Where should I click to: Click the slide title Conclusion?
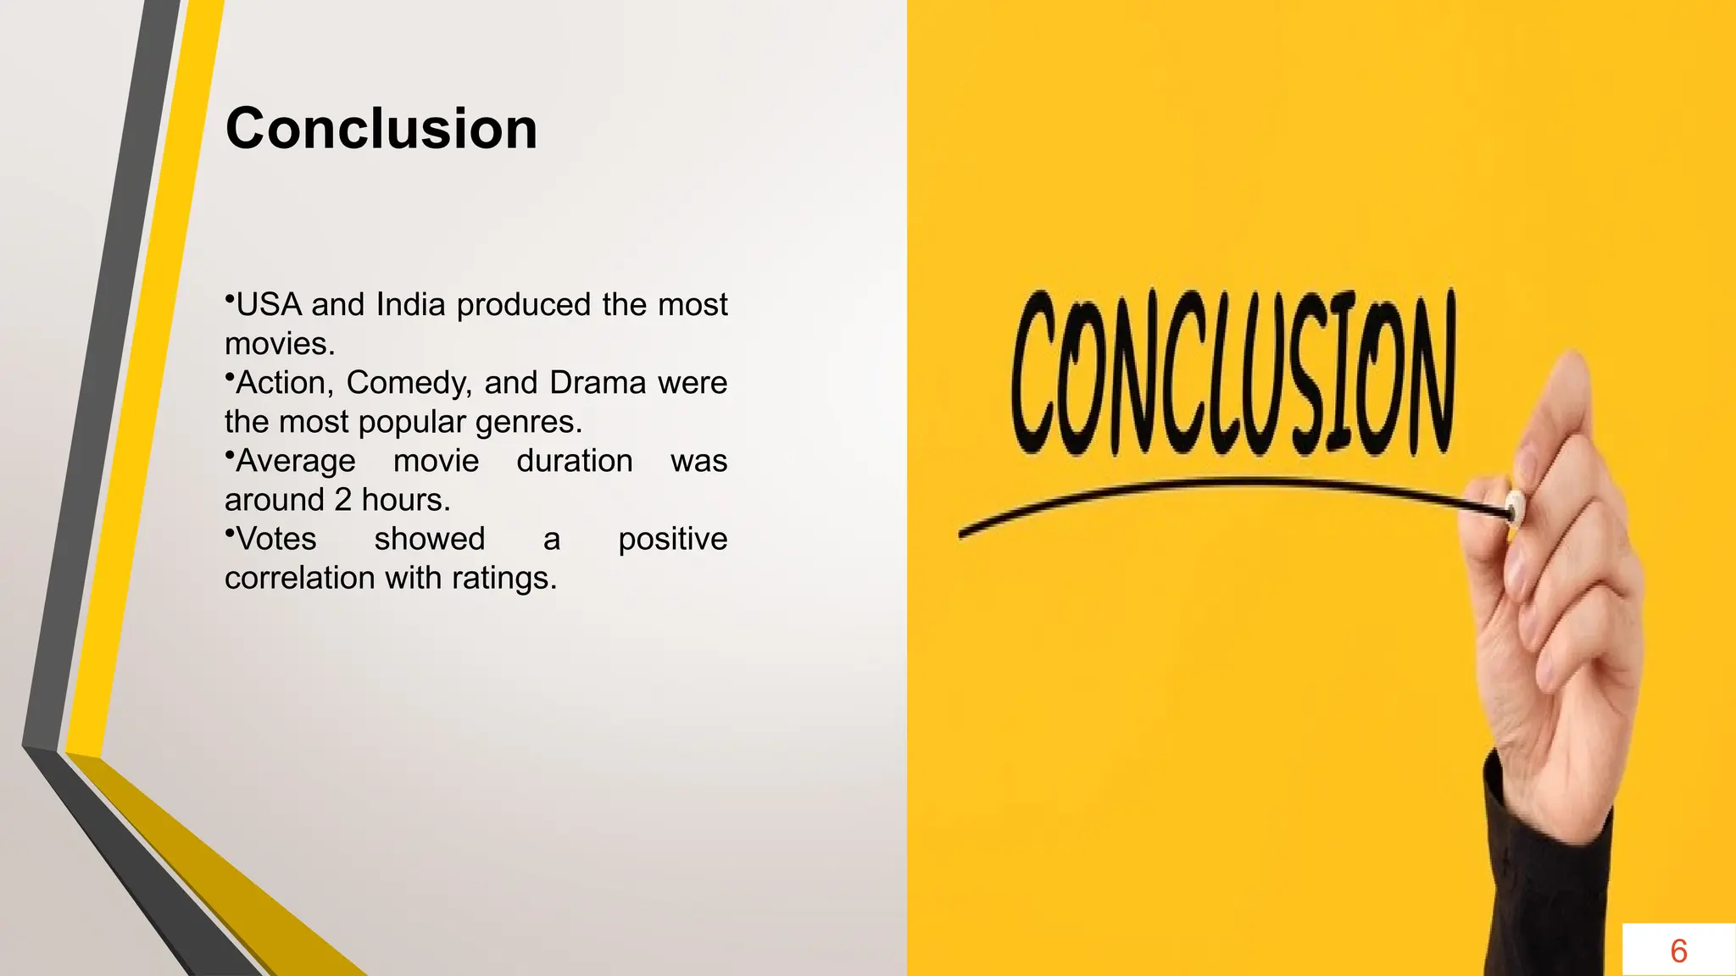381,129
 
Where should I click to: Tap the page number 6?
1678,951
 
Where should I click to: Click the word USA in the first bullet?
269,305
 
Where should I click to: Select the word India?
410,305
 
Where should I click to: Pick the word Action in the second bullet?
284,383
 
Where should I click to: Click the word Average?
295,462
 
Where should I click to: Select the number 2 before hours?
342,500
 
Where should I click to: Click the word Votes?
275,539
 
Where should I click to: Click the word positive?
672,540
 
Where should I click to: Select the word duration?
574,461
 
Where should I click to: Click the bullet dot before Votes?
229,531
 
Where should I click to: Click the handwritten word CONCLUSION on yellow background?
1232,373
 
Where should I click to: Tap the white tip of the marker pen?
1515,507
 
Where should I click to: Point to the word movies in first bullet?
279,344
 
